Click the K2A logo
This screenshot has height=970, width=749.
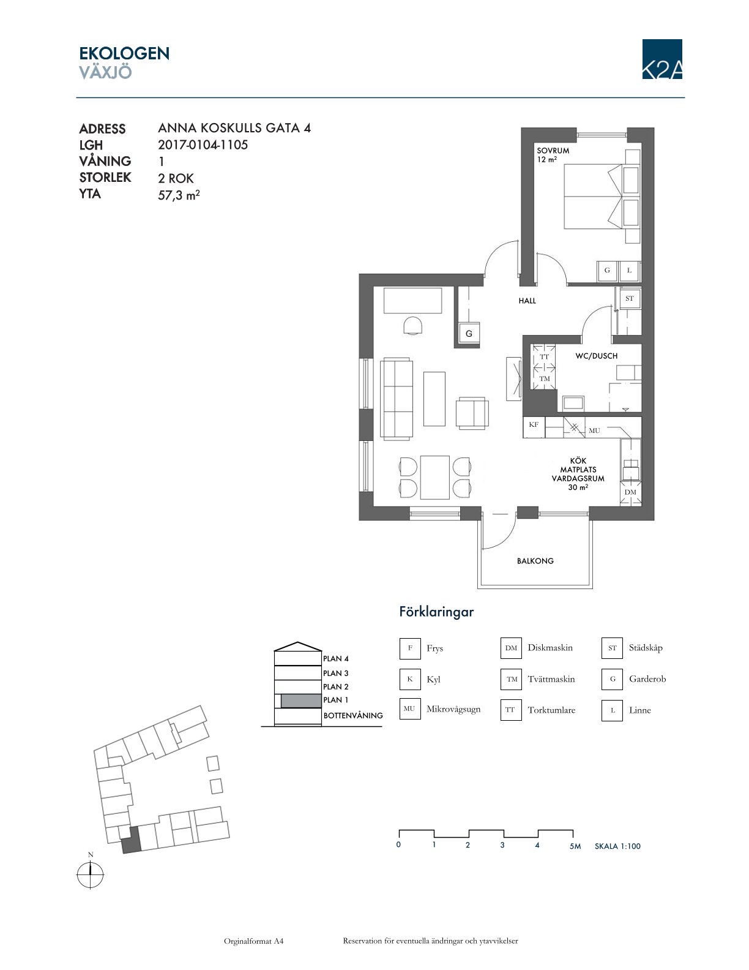coord(662,59)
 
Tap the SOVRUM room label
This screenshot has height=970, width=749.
coord(553,151)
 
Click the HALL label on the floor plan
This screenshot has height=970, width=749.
coord(527,301)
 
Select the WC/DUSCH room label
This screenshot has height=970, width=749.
coord(597,356)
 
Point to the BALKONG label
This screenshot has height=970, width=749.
coord(535,561)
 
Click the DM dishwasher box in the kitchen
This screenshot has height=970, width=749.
coord(630,493)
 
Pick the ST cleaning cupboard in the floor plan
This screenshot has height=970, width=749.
coord(630,298)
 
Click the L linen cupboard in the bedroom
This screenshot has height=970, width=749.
coord(630,271)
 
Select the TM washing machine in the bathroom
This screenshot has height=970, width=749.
coord(545,378)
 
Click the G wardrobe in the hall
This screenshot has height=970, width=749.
coord(469,333)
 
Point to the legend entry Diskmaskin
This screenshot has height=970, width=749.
coord(550,647)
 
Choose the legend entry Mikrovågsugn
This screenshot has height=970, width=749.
coord(453,709)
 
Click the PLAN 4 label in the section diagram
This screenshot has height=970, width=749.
coord(336,658)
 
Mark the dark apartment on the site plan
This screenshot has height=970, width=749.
coord(131,840)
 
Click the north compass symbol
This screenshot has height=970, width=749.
coord(91,875)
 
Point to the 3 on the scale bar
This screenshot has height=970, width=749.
coord(502,844)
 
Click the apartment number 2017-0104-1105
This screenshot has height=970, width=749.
coord(203,145)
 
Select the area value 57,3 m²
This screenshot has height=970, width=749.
coord(179,195)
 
